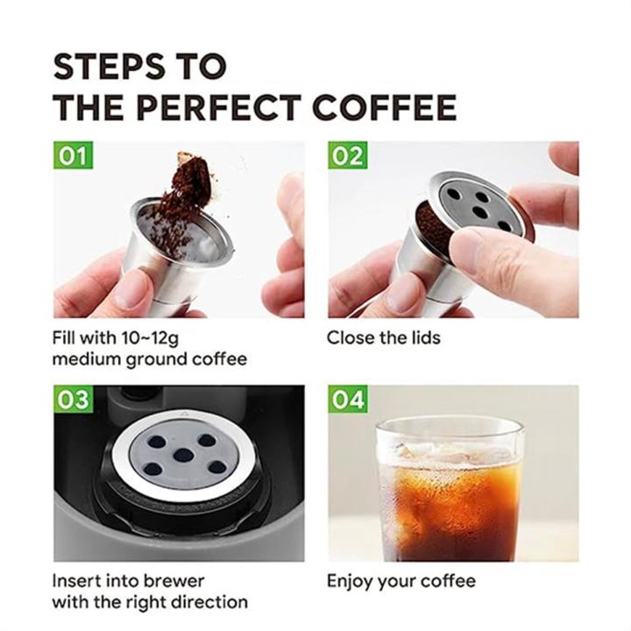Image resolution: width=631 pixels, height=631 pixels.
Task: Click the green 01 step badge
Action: [x=73, y=157]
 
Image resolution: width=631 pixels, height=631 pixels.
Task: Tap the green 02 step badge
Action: [x=347, y=157]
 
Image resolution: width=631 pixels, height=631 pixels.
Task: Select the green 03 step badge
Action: [x=73, y=400]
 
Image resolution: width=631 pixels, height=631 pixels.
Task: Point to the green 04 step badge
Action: [x=348, y=400]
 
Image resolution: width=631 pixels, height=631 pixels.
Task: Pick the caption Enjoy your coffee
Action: [x=401, y=580]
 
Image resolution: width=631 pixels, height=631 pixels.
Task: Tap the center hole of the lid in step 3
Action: [x=182, y=455]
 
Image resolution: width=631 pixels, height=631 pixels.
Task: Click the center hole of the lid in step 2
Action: [x=480, y=210]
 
